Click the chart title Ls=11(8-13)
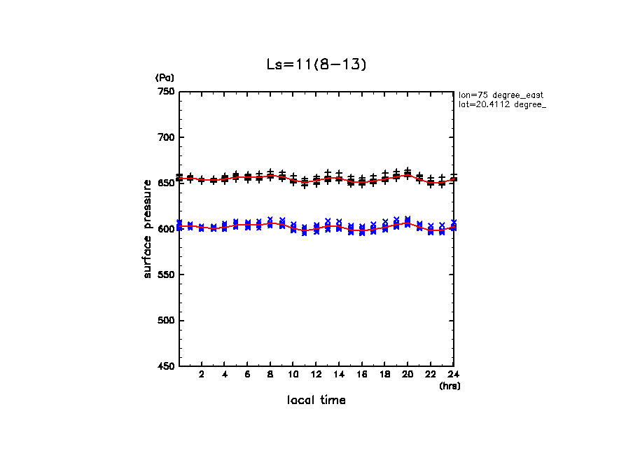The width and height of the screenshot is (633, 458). pyautogui.click(x=316, y=64)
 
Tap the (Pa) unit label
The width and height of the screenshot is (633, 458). pyautogui.click(x=165, y=77)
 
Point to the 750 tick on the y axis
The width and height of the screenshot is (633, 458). pyautogui.click(x=166, y=92)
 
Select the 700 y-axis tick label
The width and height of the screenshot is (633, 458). pyautogui.click(x=166, y=137)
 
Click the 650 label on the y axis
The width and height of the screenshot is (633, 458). pyautogui.click(x=166, y=183)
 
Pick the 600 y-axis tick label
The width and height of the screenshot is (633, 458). pyautogui.click(x=166, y=229)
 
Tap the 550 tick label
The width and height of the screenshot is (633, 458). pyautogui.click(x=166, y=275)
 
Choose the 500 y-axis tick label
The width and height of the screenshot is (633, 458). pyautogui.click(x=166, y=321)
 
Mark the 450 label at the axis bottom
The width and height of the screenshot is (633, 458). pyautogui.click(x=166, y=366)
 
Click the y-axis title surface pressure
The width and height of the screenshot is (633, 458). pyautogui.click(x=148, y=229)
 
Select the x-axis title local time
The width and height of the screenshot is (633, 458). pyautogui.click(x=316, y=401)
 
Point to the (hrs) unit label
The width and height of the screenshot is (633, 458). pyautogui.click(x=450, y=386)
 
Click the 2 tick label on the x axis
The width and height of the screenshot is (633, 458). pyautogui.click(x=202, y=375)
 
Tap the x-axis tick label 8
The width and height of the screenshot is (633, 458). pyautogui.click(x=270, y=375)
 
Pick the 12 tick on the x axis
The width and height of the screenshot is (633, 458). pyautogui.click(x=316, y=375)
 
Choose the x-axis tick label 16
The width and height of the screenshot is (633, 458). pyautogui.click(x=362, y=375)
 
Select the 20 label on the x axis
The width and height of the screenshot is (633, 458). pyautogui.click(x=408, y=375)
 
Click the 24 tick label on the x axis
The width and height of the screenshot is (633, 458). pyautogui.click(x=453, y=375)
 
